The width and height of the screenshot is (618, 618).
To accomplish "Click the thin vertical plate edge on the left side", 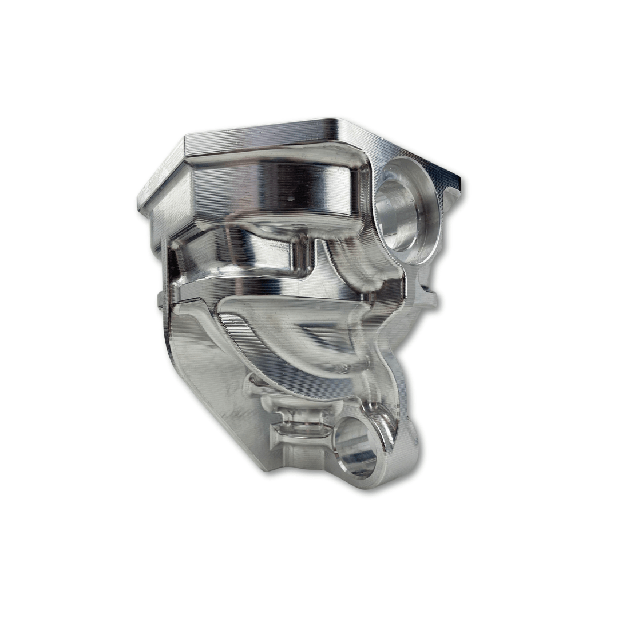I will coord(166,275).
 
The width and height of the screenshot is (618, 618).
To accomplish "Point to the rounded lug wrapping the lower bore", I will coord(401,452).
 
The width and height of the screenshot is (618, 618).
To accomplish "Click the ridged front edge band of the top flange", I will coord(257,134).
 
